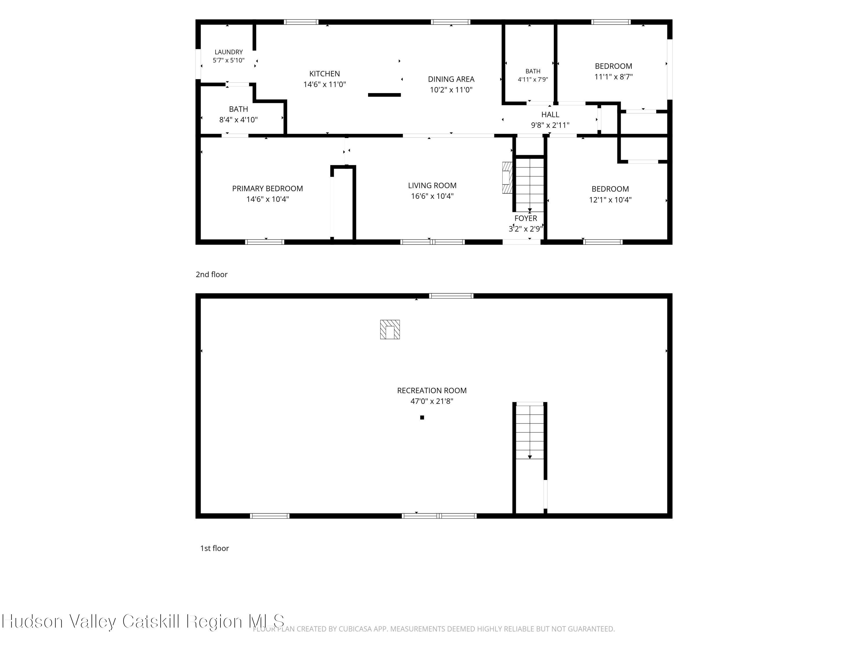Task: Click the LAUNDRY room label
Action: [228, 52]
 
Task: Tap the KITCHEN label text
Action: [325, 74]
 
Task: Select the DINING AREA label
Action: [451, 79]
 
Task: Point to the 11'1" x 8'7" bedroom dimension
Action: [613, 77]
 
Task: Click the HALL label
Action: [550, 115]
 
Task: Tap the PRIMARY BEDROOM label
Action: [268, 189]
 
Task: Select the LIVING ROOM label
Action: [432, 186]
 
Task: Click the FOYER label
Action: [526, 218]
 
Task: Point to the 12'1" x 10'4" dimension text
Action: [610, 200]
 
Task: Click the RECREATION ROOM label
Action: [432, 390]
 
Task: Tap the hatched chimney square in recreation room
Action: [390, 330]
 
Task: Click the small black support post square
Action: [422, 418]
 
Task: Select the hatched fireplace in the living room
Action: [507, 178]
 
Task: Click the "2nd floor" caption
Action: [212, 275]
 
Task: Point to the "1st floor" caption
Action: [214, 549]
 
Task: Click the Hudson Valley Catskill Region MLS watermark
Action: [143, 621]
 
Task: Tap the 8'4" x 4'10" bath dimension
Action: [238, 120]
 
